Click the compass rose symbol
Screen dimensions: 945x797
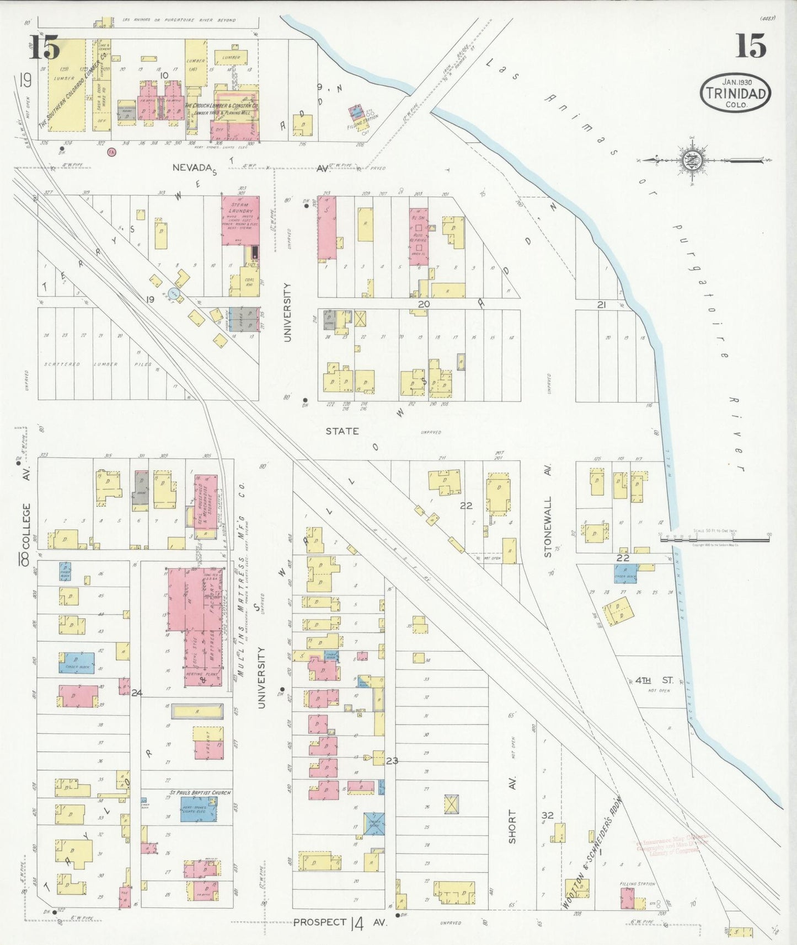[x=692, y=160]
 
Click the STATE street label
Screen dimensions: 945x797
[x=342, y=431]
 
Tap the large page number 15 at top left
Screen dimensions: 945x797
[x=44, y=47]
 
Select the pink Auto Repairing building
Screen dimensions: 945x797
[x=419, y=236]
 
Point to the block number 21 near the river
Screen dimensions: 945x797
[x=601, y=305]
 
